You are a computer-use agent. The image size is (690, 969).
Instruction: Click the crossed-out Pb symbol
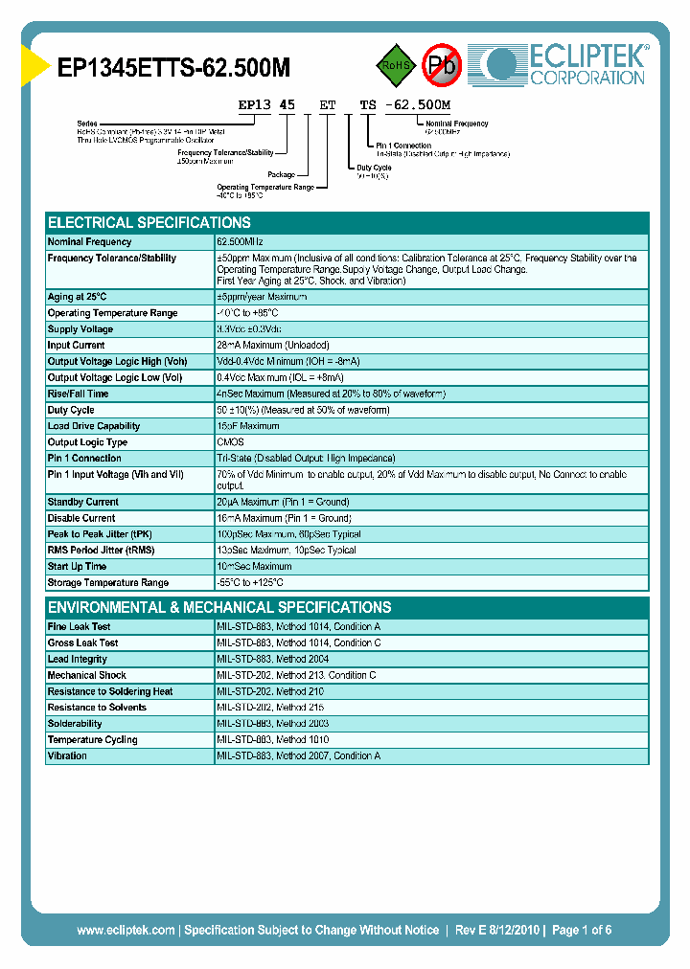pos(442,65)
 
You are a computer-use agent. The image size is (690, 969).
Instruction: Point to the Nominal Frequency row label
pos(89,242)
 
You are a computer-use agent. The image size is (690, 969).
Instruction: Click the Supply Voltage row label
pos(80,329)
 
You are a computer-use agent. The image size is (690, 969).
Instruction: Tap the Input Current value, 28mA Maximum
pos(273,346)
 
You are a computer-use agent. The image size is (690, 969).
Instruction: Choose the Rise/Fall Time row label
pos(78,394)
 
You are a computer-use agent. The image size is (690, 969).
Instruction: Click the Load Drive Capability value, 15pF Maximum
pos(248,426)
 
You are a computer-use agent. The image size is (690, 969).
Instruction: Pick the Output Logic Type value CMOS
pos(230,442)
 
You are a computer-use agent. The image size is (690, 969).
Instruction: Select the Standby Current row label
pos(83,502)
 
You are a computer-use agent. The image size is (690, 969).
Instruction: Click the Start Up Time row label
pos(77,567)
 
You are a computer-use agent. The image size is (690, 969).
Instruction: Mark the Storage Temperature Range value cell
pos(250,583)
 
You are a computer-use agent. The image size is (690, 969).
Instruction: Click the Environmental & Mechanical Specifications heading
pos(219,607)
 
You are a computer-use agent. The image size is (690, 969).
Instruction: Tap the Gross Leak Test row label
pos(82,643)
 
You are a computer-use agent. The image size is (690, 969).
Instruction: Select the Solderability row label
pos(75,724)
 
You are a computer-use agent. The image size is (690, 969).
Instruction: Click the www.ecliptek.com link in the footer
pos(126,930)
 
